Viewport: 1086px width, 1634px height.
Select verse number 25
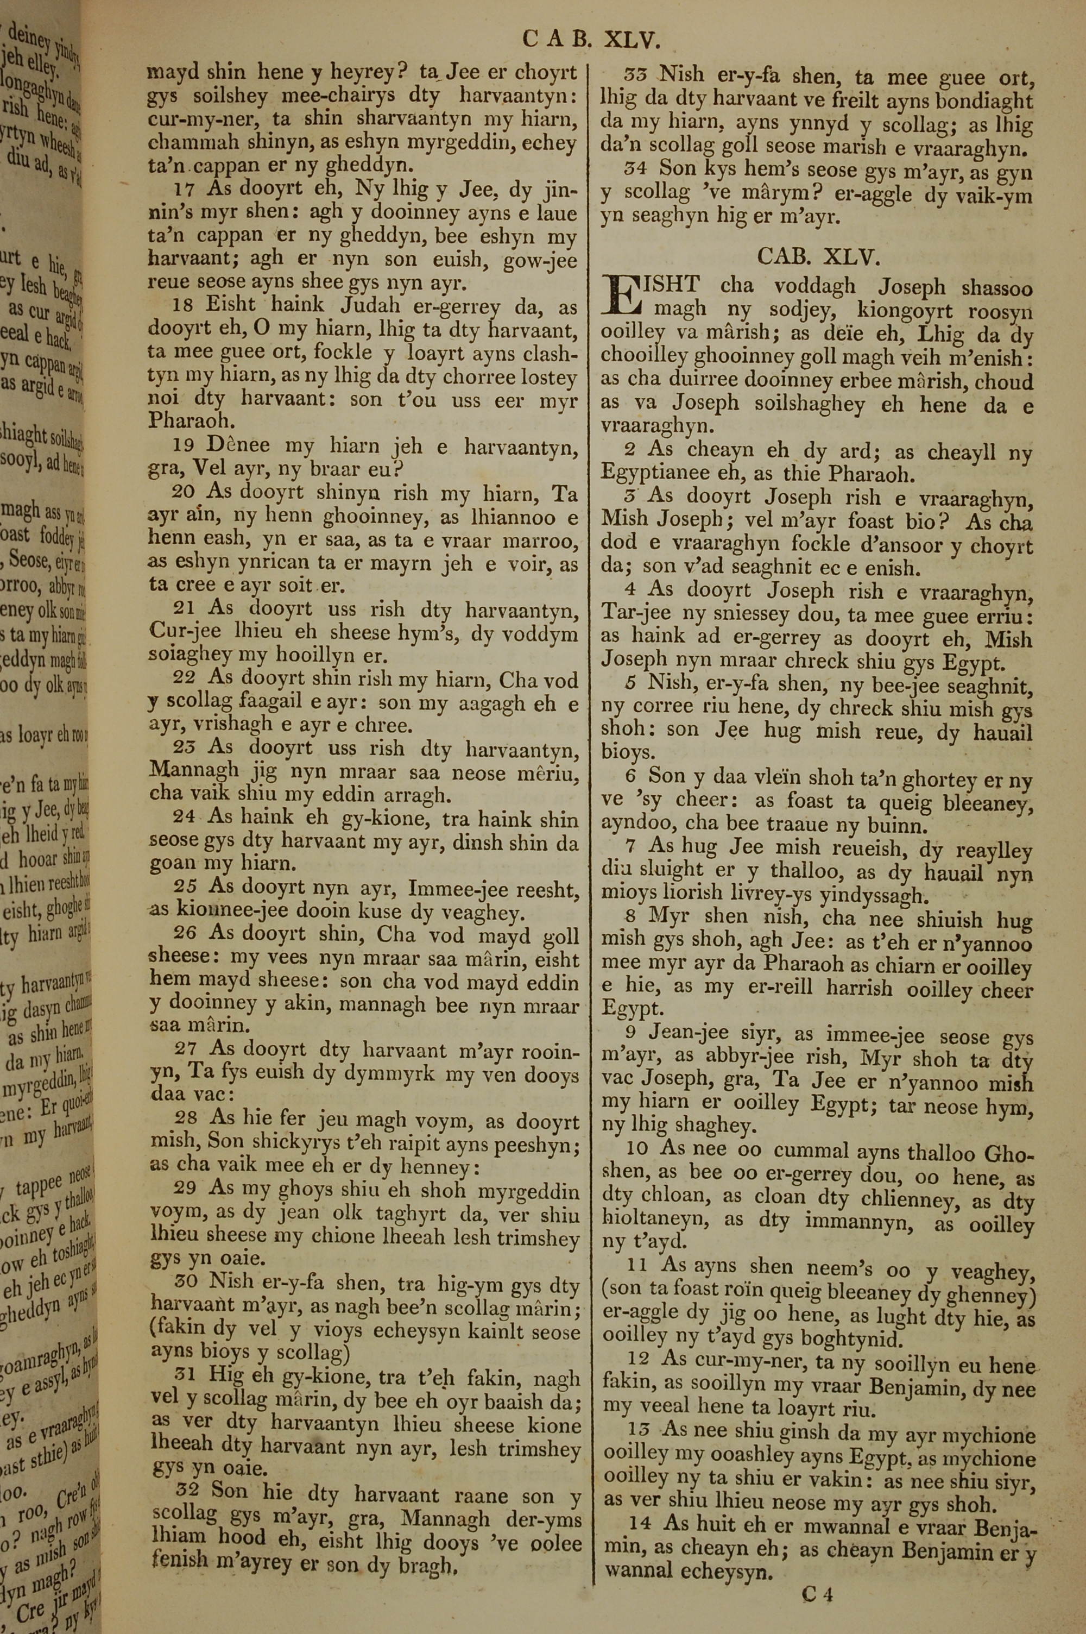(x=187, y=887)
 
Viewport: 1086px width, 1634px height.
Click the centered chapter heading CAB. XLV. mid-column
(x=818, y=257)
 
